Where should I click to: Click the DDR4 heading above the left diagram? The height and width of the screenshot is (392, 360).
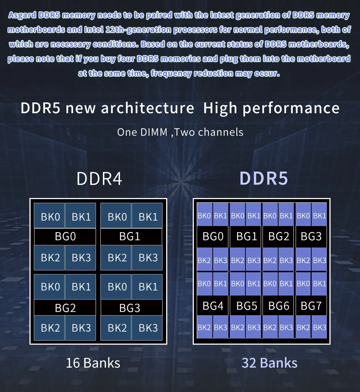tap(99, 179)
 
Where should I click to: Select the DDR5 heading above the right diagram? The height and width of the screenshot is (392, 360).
tap(264, 179)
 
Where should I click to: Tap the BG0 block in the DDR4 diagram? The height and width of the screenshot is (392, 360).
tap(65, 237)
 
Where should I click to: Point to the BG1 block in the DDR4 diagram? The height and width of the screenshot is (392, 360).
tap(130, 237)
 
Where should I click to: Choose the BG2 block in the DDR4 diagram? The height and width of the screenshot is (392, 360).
tap(65, 308)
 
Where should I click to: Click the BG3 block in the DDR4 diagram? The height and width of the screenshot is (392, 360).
tap(130, 308)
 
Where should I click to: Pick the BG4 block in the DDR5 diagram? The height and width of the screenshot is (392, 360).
tap(213, 306)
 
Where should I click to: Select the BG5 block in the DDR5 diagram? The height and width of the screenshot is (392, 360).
tap(247, 306)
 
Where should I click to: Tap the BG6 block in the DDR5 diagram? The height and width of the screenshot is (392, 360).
tap(279, 306)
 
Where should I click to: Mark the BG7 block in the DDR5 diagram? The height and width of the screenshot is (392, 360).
tap(311, 306)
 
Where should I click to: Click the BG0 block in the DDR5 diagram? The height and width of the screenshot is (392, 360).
tap(213, 237)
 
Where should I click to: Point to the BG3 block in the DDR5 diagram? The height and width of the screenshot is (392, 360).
tap(311, 237)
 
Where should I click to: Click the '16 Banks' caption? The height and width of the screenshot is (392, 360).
tap(93, 363)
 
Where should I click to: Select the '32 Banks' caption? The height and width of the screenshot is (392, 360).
tap(269, 363)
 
